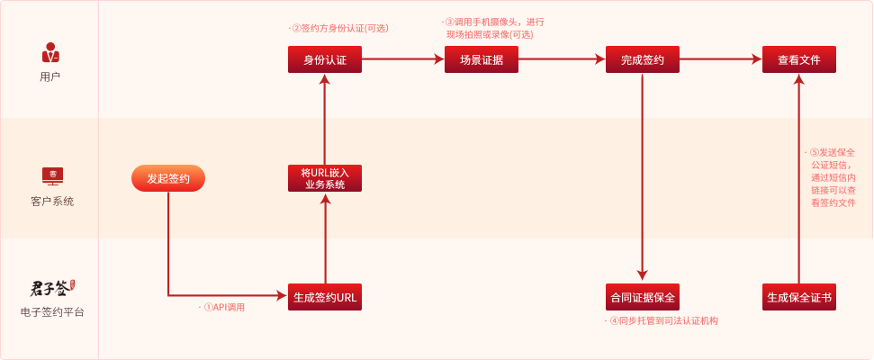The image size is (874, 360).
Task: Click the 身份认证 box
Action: coord(325,60)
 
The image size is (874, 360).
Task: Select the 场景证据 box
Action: coord(482,60)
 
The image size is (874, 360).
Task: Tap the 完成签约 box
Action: coord(642,60)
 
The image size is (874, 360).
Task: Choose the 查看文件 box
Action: coord(799,60)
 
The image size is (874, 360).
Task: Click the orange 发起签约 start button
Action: coord(168,178)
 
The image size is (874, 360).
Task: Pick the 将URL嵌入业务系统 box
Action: coord(325,178)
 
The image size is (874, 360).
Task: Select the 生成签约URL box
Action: coord(325,297)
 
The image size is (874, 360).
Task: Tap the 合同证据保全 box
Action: coord(642,297)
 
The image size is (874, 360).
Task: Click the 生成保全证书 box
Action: coord(799,297)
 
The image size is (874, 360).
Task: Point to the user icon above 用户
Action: coord(50,51)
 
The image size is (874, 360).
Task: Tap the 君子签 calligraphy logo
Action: coord(50,289)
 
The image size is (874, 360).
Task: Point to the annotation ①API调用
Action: coord(222,308)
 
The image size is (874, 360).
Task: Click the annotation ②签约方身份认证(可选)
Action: coord(333,27)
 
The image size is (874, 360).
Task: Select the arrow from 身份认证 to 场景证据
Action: coord(403,60)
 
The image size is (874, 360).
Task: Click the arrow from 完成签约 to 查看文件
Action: coord(720,60)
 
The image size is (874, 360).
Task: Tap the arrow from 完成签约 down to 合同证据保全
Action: coord(642,180)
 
